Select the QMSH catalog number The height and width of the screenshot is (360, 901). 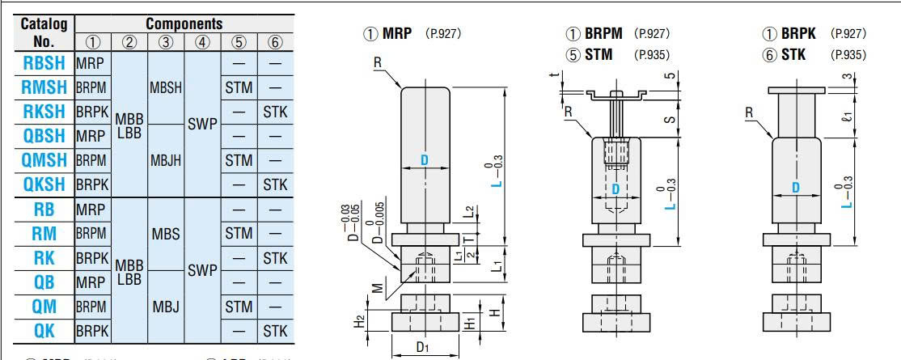[x=44, y=160]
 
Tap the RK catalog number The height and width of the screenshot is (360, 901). [x=44, y=257]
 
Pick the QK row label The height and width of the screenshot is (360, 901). [x=44, y=330]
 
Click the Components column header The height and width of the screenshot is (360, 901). [x=184, y=23]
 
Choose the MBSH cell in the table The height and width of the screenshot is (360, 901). [x=166, y=87]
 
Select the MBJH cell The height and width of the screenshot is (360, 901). [x=166, y=160]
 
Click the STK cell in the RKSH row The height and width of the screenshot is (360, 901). [x=275, y=112]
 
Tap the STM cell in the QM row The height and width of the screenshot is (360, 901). [x=239, y=306]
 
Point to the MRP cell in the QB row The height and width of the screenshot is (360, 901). [x=91, y=282]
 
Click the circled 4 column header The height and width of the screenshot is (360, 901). [x=202, y=42]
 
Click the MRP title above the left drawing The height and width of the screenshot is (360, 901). [x=397, y=34]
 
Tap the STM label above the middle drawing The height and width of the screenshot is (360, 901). [x=599, y=55]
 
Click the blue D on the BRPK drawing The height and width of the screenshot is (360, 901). [x=796, y=188]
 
